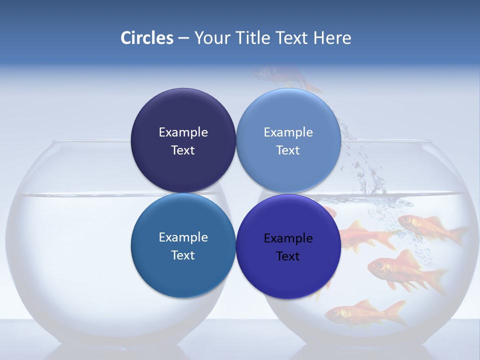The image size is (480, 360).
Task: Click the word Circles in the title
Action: coord(147,38)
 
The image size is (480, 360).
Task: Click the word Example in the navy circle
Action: coord(183,132)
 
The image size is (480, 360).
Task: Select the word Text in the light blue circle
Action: coord(288,150)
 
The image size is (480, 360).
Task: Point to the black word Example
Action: coord(288,238)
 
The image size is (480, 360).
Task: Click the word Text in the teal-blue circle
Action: coord(183,255)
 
